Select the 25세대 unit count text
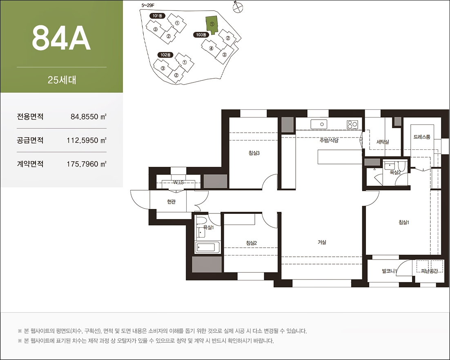pyautogui.click(x=62, y=80)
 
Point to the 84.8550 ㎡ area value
pyautogui.click(x=88, y=116)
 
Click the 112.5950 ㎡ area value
pyautogui.click(x=87, y=140)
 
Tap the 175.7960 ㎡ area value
pyautogui.click(x=87, y=164)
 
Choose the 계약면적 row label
pyautogui.click(x=30, y=164)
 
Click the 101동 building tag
pyautogui.click(x=157, y=16)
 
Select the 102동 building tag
pyautogui.click(x=165, y=55)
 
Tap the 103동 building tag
pyautogui.click(x=201, y=35)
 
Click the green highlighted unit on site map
pyautogui.click(x=212, y=24)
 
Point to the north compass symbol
pyautogui.click(x=237, y=7)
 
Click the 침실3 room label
pyautogui.click(x=254, y=153)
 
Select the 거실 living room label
pyautogui.click(x=322, y=242)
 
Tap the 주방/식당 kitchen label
pyautogui.click(x=329, y=140)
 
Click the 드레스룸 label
pyautogui.click(x=422, y=137)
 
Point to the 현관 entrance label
pyautogui.click(x=172, y=202)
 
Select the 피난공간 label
pyautogui.click(x=429, y=271)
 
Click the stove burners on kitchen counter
pyautogui.click(x=352, y=124)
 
